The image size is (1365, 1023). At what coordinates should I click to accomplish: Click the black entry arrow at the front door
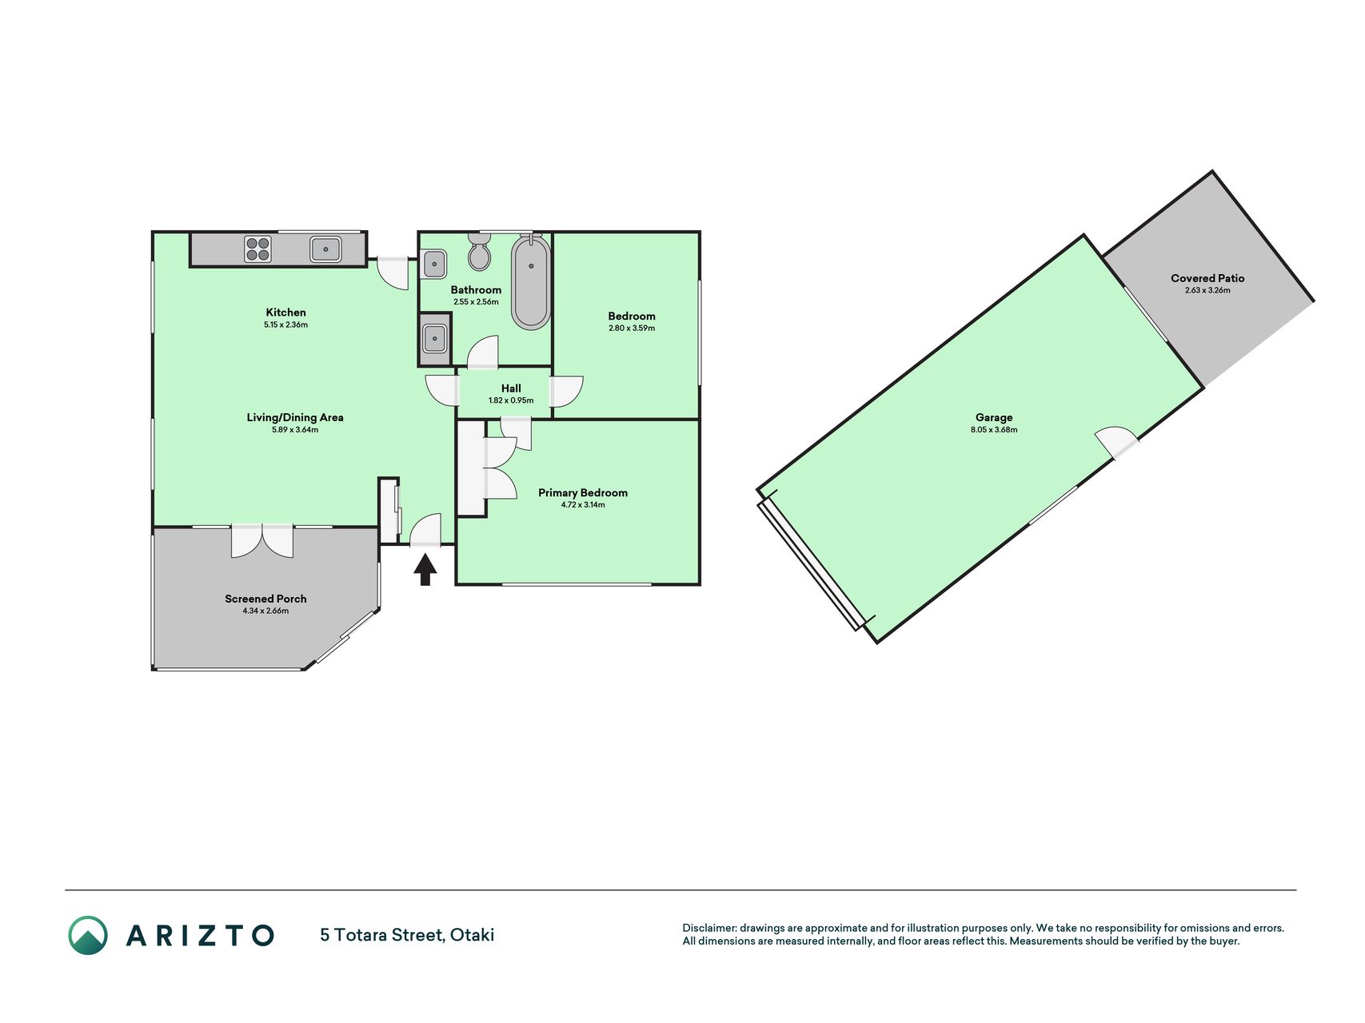pyautogui.click(x=425, y=570)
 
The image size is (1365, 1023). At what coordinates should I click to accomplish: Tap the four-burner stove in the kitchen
pyautogui.click(x=258, y=249)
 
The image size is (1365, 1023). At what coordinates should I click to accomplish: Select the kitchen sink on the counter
pyautogui.click(x=326, y=249)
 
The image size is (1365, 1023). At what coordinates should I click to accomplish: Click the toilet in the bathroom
pyautogui.click(x=480, y=252)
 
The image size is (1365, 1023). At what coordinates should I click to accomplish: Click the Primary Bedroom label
pyautogui.click(x=583, y=492)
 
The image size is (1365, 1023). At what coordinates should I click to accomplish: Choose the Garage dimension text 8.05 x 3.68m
pyautogui.click(x=994, y=430)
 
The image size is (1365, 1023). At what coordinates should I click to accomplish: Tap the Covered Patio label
pyautogui.click(x=1207, y=278)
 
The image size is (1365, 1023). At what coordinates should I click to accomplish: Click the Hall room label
pyautogui.click(x=511, y=388)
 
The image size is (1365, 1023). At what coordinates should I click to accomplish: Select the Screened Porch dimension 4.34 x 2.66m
pyautogui.click(x=265, y=611)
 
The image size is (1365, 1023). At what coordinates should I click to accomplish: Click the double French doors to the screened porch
pyautogui.click(x=262, y=541)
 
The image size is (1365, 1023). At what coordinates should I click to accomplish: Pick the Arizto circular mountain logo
pyautogui.click(x=88, y=935)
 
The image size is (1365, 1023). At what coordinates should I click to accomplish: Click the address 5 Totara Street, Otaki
pyautogui.click(x=407, y=935)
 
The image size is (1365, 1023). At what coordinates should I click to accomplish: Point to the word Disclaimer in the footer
pyautogui.click(x=709, y=928)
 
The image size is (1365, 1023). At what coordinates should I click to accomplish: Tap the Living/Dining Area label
pyautogui.click(x=295, y=417)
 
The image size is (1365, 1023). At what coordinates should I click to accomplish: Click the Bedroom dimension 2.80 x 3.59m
pyautogui.click(x=632, y=328)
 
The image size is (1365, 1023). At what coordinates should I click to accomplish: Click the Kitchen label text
pyautogui.click(x=286, y=312)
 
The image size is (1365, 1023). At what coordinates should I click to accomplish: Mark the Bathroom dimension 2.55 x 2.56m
pyautogui.click(x=476, y=302)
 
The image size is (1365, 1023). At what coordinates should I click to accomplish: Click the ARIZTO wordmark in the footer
pyautogui.click(x=200, y=935)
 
